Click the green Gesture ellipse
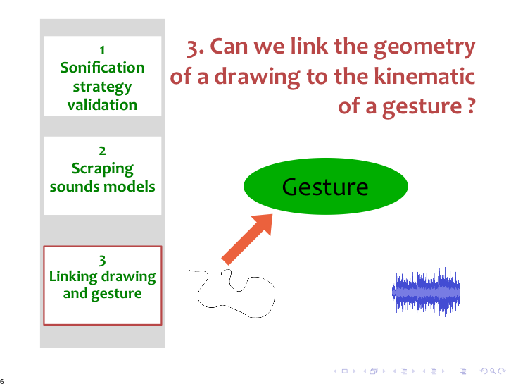(326, 186)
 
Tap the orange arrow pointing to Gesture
(247, 239)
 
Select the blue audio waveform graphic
(427, 292)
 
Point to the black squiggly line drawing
(232, 291)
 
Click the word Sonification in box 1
(102, 68)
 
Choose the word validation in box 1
(102, 105)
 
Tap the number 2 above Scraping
(102, 151)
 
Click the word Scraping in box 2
(102, 169)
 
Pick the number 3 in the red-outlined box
(102, 261)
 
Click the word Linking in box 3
(73, 277)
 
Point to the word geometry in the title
(424, 47)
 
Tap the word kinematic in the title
(424, 76)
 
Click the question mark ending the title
(471, 106)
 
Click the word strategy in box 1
(102, 87)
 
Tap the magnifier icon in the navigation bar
(493, 371)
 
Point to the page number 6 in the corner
(2, 381)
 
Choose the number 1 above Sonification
(102, 50)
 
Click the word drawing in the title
(257, 78)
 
